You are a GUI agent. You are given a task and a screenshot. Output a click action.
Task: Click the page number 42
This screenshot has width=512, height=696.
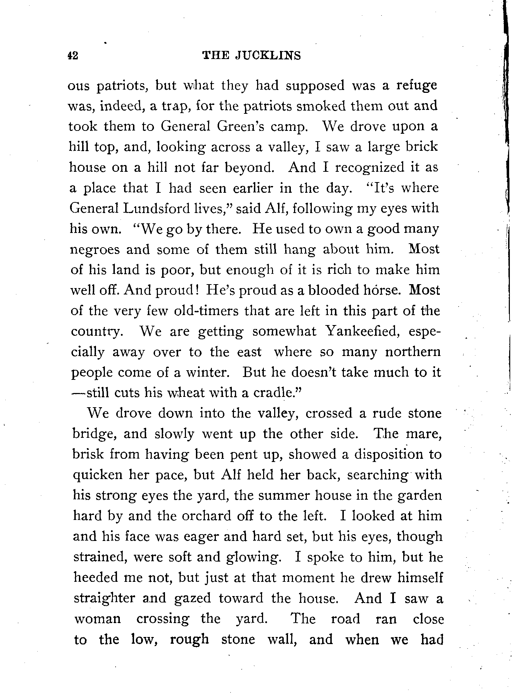(x=73, y=55)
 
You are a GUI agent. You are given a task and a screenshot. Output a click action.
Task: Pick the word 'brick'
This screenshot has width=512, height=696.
(x=421, y=147)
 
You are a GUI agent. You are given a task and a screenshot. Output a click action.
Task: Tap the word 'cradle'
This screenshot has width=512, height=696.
(x=275, y=393)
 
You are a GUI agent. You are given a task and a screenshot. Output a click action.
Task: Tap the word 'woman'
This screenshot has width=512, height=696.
(x=97, y=619)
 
